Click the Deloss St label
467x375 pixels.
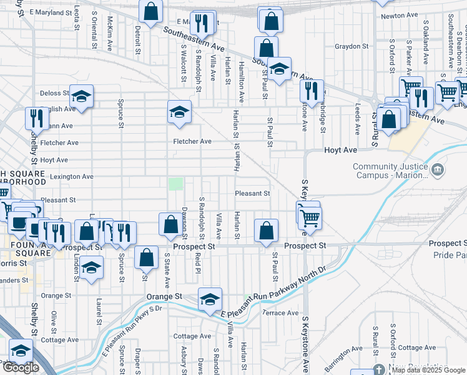click(54, 93)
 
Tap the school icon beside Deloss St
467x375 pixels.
click(81, 96)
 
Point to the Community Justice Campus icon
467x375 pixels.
click(438, 169)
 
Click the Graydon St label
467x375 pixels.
click(351, 46)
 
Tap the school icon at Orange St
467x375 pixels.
click(210, 299)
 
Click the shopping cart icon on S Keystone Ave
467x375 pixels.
click(310, 216)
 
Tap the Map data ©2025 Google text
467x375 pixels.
click(428, 370)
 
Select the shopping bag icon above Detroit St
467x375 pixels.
click(150, 11)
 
